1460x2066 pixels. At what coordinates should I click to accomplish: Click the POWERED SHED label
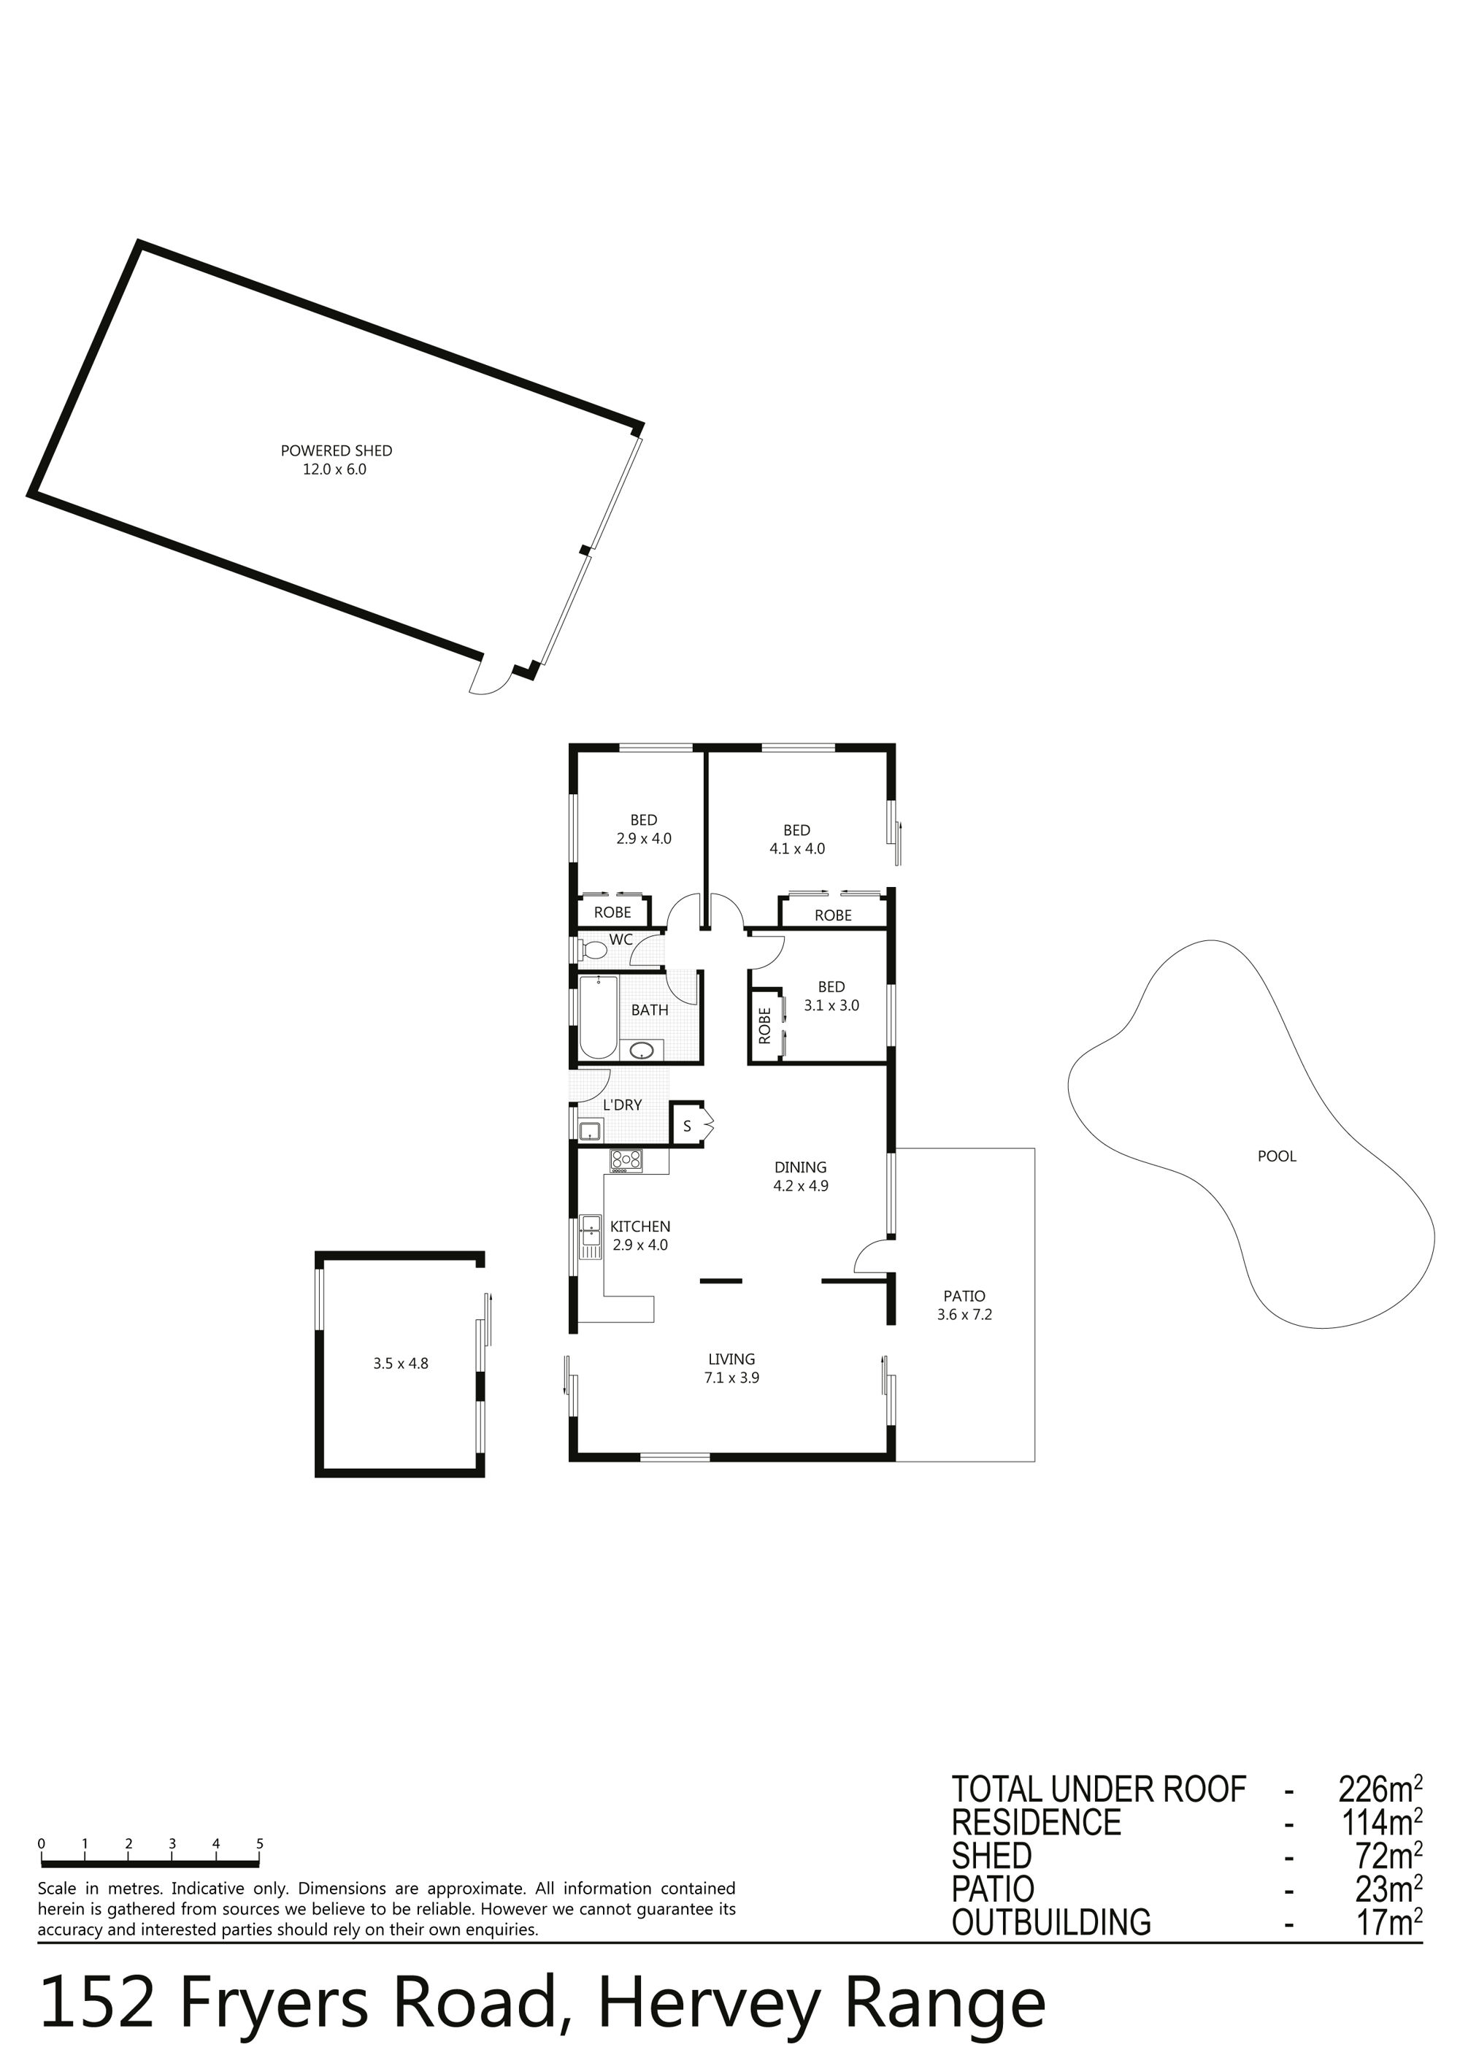pyautogui.click(x=336, y=451)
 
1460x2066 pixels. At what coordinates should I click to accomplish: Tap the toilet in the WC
pyautogui.click(x=593, y=949)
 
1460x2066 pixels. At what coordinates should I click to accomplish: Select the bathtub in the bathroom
pyautogui.click(x=598, y=1018)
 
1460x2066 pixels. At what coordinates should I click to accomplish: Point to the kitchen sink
pyautogui.click(x=590, y=1237)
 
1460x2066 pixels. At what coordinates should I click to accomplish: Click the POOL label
pyautogui.click(x=1277, y=1156)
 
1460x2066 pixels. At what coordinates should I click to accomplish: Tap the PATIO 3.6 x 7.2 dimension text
pyautogui.click(x=964, y=1315)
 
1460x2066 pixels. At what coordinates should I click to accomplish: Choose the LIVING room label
pyautogui.click(x=731, y=1359)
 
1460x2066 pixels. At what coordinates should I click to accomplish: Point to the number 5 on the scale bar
pyautogui.click(x=260, y=1844)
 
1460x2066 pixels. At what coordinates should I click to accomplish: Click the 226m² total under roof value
pyautogui.click(x=1380, y=1790)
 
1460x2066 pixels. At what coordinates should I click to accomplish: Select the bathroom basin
pyautogui.click(x=642, y=1049)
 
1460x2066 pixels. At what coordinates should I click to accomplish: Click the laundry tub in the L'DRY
pyautogui.click(x=590, y=1130)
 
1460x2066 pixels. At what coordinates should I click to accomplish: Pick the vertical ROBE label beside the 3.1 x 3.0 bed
pyautogui.click(x=764, y=1025)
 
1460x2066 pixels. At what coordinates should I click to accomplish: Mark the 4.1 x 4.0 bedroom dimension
pyautogui.click(x=797, y=848)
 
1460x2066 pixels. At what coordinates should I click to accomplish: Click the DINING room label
pyautogui.click(x=801, y=1167)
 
